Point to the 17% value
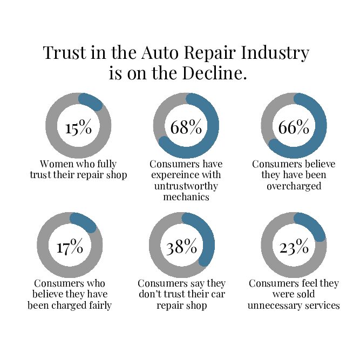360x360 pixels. click(70, 247)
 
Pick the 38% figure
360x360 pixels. click(182, 247)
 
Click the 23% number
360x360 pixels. click(294, 247)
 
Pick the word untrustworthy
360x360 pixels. click(185, 186)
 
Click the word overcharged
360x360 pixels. click(294, 186)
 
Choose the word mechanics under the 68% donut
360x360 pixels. click(186, 197)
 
